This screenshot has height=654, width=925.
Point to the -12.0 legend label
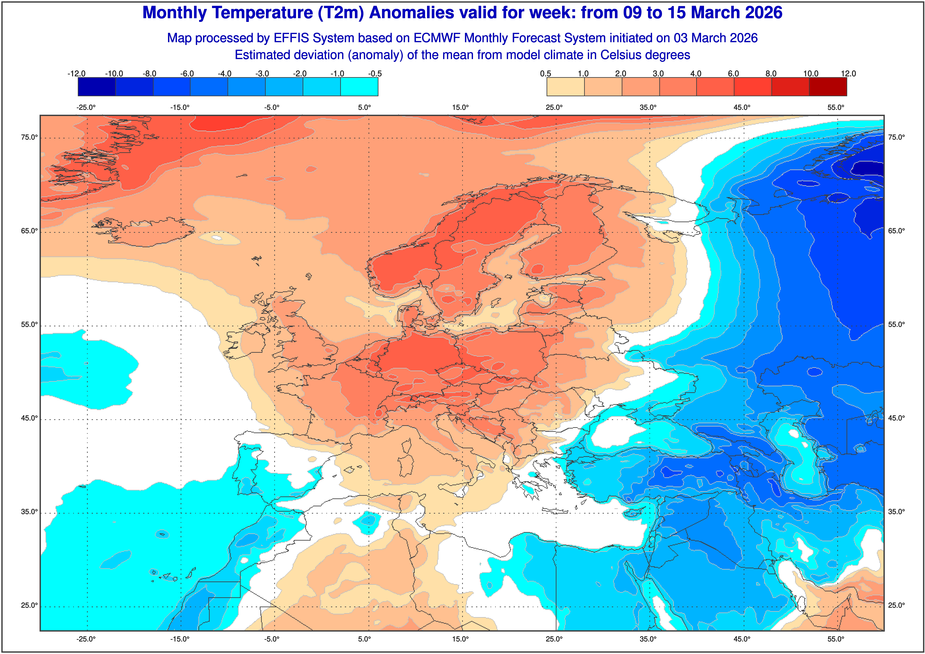77,74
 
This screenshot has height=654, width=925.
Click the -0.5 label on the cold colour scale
375,74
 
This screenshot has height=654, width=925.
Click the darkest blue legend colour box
97,87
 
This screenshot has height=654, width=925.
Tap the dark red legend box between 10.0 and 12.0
828,87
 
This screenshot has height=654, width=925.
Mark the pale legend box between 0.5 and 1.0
565,87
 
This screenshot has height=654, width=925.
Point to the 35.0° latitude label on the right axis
896,512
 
